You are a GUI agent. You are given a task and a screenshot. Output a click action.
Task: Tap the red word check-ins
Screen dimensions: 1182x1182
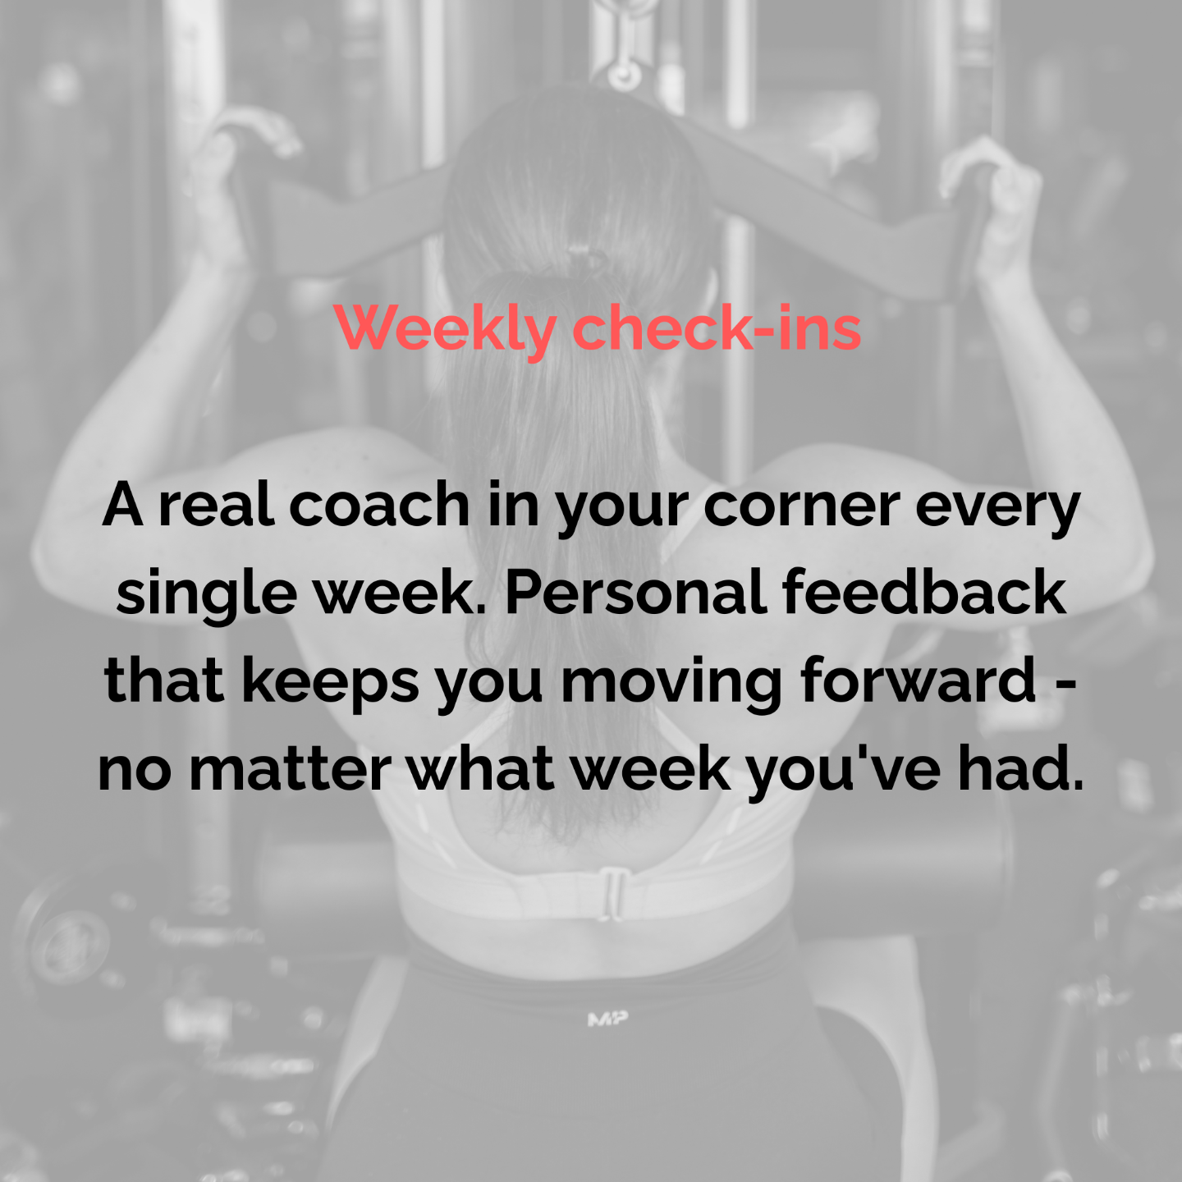(x=717, y=328)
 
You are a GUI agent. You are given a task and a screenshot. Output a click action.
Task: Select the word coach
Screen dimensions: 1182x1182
(x=379, y=506)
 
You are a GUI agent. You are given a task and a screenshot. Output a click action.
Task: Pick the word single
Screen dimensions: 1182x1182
(x=207, y=595)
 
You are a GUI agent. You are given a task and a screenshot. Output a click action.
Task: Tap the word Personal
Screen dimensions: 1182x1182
(x=636, y=591)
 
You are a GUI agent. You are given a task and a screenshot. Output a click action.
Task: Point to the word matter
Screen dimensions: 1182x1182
(x=290, y=770)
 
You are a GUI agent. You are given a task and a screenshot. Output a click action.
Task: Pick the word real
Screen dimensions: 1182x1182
(x=216, y=506)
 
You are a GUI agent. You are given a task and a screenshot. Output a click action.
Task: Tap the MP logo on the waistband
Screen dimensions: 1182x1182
(x=607, y=1019)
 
